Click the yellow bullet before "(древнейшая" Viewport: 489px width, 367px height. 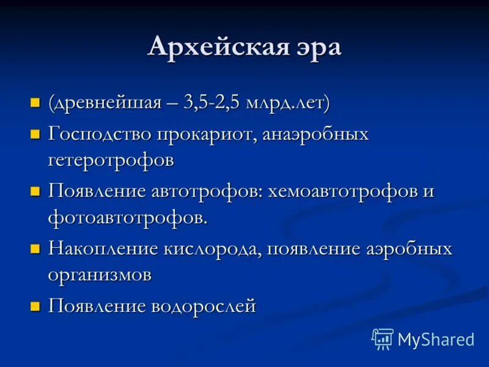click(x=35, y=102)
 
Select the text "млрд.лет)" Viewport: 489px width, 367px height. click(x=287, y=102)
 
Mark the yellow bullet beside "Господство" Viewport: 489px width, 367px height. click(x=35, y=133)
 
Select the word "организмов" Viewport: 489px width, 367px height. click(x=100, y=275)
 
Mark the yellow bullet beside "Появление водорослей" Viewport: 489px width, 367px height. click(x=35, y=306)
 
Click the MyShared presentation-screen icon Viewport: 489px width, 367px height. click(x=383, y=338)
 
